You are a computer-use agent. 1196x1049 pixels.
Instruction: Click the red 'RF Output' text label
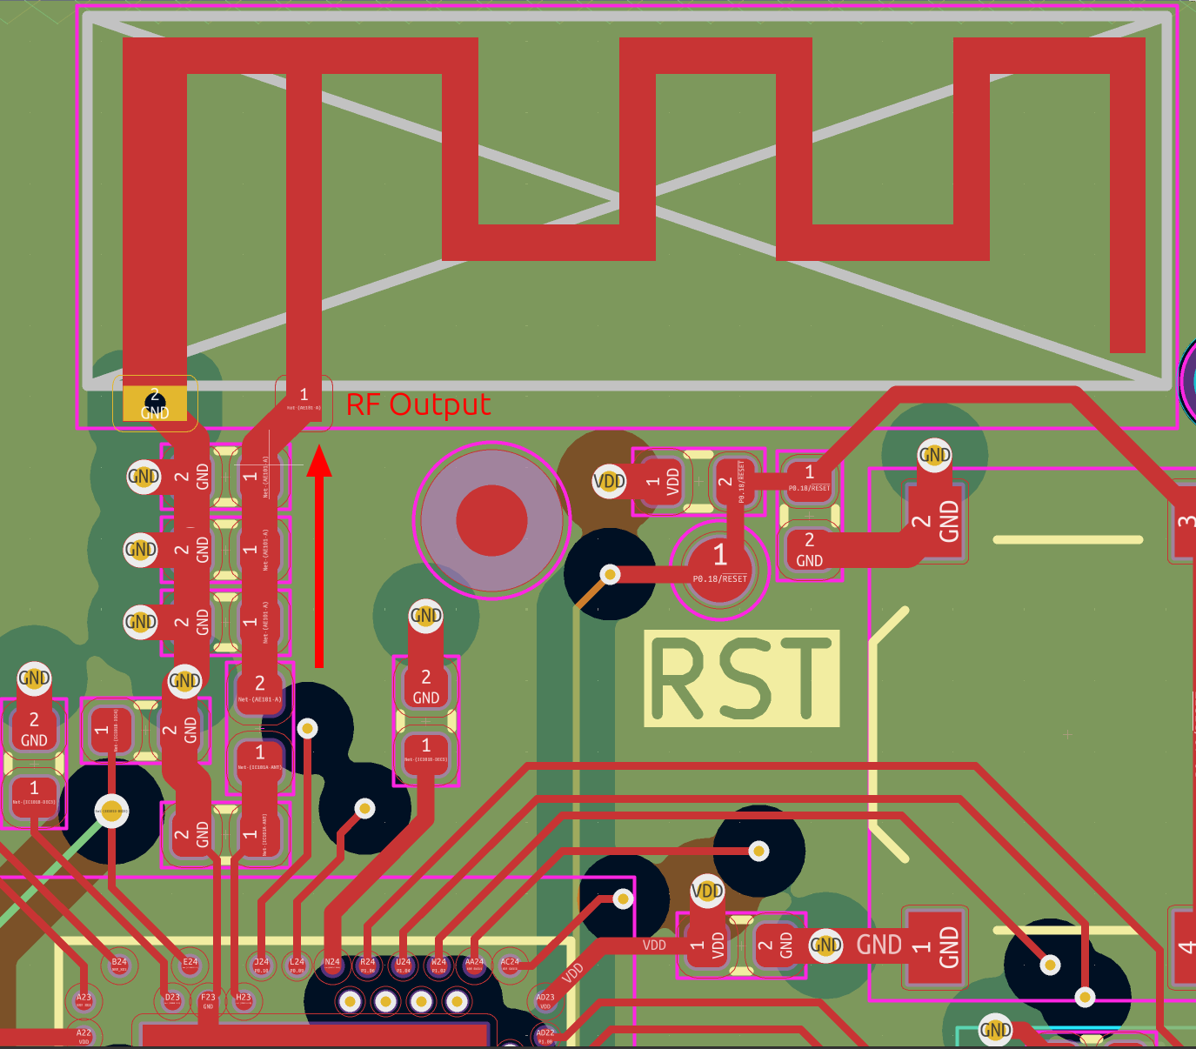[418, 404]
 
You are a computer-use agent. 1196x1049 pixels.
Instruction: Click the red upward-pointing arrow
[319, 557]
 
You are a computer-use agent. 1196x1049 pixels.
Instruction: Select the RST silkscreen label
[741, 678]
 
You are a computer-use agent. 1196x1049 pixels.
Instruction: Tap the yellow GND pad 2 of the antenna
[155, 404]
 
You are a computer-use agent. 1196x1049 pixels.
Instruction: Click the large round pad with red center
[491, 520]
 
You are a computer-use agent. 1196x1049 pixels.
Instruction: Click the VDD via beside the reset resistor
[609, 481]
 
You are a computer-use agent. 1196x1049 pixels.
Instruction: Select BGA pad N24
[332, 965]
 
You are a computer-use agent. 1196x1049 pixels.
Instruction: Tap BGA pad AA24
[474, 965]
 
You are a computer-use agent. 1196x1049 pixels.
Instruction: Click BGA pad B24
[119, 965]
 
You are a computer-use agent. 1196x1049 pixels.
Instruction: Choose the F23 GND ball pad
[208, 1000]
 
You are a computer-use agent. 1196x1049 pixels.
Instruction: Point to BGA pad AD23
[545, 1000]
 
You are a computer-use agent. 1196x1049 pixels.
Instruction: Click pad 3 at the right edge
[1184, 522]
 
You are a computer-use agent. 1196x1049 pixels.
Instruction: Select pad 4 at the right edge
[1184, 946]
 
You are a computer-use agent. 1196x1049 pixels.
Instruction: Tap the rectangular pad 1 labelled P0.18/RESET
[809, 478]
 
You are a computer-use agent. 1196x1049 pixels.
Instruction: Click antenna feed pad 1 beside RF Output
[304, 400]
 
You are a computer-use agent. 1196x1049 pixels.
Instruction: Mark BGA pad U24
[404, 965]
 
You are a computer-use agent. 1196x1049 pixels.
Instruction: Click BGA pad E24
[190, 965]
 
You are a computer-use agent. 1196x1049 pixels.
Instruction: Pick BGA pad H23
[244, 1000]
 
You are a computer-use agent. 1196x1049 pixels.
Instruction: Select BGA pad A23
[84, 1000]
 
